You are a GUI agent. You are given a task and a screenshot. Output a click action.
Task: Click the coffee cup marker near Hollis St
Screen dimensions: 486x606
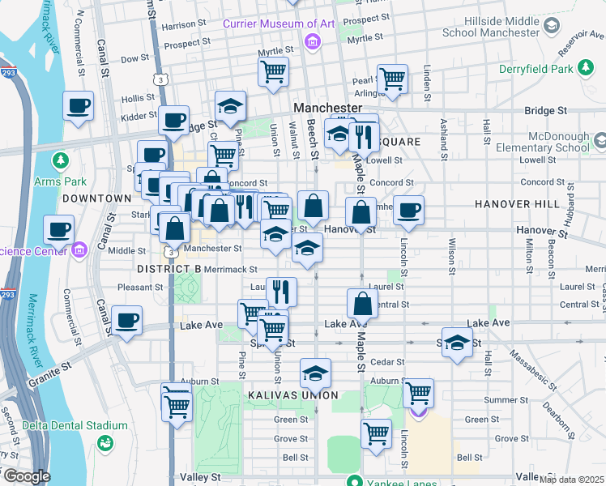(79, 107)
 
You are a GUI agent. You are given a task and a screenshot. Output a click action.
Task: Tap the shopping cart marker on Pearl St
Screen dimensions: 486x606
(392, 79)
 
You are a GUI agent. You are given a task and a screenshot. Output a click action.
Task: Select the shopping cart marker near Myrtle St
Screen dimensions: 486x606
(274, 71)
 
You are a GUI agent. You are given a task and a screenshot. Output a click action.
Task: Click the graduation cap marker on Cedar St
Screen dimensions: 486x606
(315, 373)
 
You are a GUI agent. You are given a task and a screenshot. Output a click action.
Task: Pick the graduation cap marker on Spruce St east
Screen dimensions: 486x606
(457, 343)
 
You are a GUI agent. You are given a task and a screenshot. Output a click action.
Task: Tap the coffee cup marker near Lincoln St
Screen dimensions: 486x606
(408, 211)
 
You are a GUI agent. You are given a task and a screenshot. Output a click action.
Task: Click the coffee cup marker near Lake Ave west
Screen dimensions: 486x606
(126, 321)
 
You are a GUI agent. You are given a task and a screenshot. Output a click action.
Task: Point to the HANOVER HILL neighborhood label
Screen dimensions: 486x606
(517, 204)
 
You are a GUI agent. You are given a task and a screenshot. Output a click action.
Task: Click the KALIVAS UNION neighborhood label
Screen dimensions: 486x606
(292, 395)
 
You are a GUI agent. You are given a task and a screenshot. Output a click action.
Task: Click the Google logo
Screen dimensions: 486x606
(26, 476)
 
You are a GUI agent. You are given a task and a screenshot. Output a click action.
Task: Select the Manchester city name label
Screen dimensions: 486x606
(327, 108)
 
